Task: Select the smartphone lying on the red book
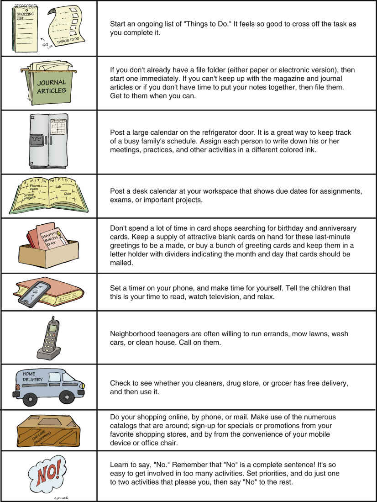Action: pyautogui.click(x=34, y=292)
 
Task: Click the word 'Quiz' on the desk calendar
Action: pyautogui.click(x=68, y=194)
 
